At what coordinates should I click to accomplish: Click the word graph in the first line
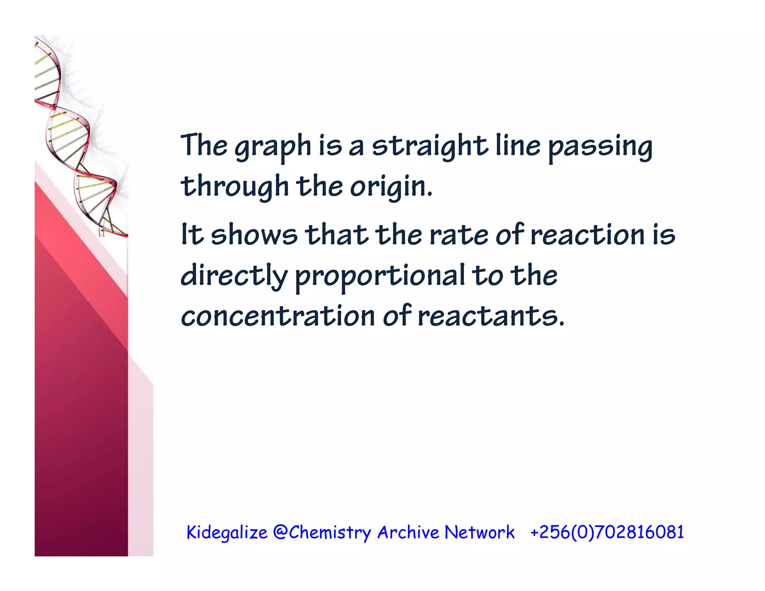(273, 146)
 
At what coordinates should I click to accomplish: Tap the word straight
(430, 146)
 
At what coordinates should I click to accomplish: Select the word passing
(600, 146)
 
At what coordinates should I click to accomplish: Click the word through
(235, 187)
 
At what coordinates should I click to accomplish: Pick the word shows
(254, 235)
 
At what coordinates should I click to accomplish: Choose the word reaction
(588, 235)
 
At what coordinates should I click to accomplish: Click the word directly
(234, 276)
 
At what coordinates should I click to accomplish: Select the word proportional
(380, 276)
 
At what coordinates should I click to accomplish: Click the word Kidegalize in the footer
(227, 532)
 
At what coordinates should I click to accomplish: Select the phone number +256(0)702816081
(607, 532)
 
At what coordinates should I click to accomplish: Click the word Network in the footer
(480, 532)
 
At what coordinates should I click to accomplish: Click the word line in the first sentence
(518, 146)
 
